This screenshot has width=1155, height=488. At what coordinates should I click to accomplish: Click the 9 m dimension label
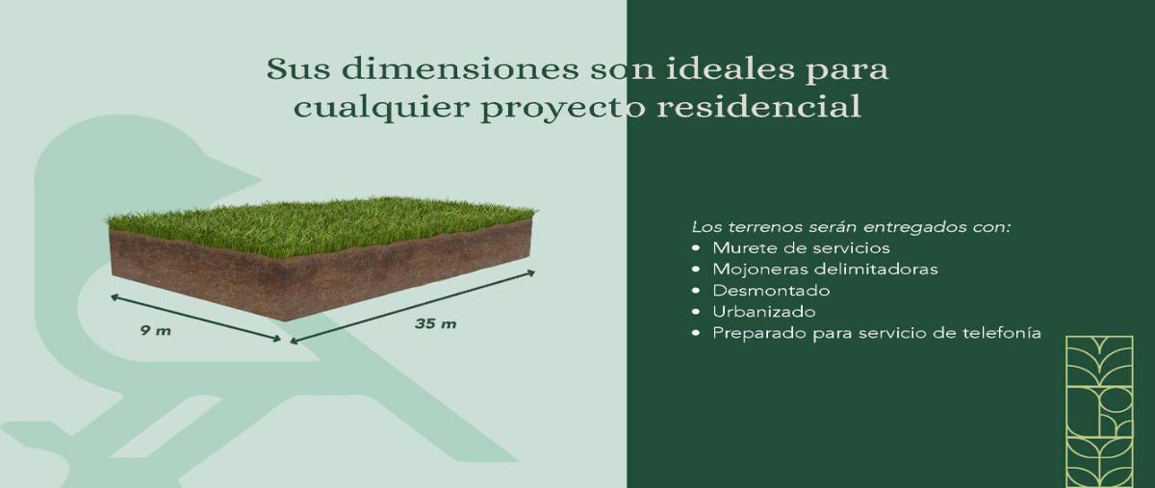(x=155, y=330)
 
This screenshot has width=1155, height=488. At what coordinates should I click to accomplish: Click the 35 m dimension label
(x=435, y=323)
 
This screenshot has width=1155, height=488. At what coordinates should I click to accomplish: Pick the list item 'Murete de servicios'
(x=801, y=248)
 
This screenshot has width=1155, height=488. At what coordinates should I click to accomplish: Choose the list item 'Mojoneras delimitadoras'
(x=825, y=270)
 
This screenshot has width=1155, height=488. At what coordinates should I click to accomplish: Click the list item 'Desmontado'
(x=771, y=291)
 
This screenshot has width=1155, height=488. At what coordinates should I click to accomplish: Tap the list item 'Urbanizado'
(x=764, y=312)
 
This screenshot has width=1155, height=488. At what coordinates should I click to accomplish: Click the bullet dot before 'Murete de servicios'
(x=696, y=248)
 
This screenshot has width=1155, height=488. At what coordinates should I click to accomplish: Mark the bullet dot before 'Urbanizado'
(x=696, y=312)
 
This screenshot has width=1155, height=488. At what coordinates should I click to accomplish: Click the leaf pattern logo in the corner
(x=1099, y=411)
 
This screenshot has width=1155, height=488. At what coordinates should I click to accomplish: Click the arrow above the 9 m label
(x=194, y=317)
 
